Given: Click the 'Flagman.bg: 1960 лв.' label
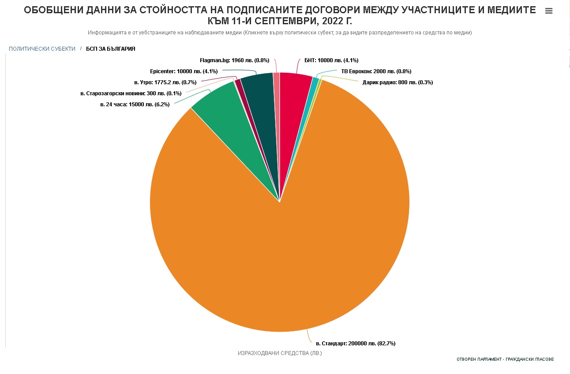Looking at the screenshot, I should pos(234,60).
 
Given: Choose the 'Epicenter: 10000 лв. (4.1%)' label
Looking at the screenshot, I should pos(184,71).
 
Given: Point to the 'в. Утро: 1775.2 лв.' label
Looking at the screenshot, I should pos(165,82).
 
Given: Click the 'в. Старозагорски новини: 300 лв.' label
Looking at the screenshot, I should pos(131,93).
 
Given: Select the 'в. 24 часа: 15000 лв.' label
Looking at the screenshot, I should pos(135,105).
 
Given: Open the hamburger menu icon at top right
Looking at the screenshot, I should pos(549,11).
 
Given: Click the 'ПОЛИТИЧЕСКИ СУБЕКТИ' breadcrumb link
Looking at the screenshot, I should pos(42,49).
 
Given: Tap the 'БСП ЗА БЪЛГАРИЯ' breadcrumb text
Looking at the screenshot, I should pos(111,49).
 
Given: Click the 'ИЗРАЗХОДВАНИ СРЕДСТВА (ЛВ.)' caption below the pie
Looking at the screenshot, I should pos(280,353).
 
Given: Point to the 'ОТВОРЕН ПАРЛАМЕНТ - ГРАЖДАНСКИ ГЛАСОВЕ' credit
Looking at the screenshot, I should pos(505,359).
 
